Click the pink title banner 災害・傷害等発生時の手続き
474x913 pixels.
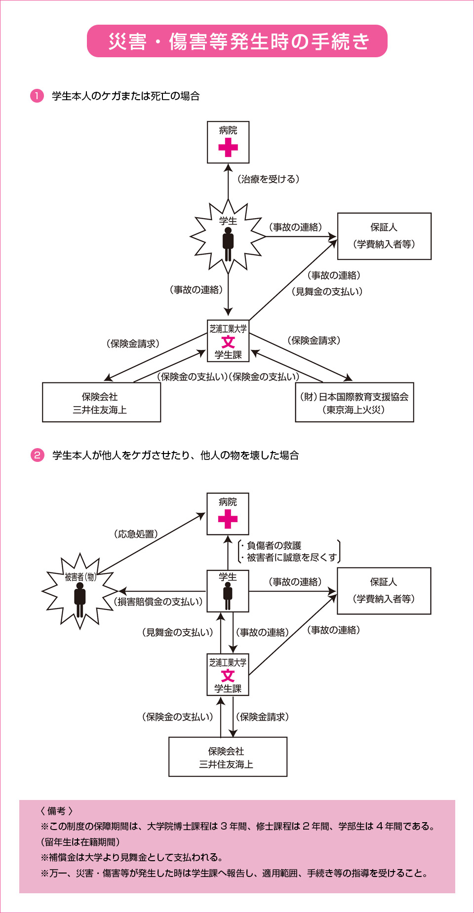tap(237, 41)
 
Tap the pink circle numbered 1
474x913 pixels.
tap(37, 95)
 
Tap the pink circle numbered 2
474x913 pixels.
tap(37, 455)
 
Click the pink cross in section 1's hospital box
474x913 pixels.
tap(228, 147)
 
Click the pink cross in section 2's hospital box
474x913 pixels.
tap(228, 519)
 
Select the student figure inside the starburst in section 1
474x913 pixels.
tap(228, 243)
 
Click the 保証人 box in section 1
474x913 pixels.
tap(384, 236)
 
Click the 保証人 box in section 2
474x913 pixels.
tap(384, 591)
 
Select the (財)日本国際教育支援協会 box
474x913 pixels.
tap(354, 403)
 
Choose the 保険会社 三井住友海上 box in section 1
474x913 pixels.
tap(101, 403)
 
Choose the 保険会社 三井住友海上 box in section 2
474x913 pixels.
tap(228, 757)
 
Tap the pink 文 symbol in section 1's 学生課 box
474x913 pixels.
tap(228, 342)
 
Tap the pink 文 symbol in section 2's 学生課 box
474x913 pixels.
tap(228, 675)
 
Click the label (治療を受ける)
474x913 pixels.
tap(268, 179)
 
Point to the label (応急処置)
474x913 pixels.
tap(136, 534)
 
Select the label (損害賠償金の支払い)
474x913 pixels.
tap(158, 602)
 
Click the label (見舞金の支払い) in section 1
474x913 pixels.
tap(327, 292)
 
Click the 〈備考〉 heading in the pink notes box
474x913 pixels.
tap(56, 811)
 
